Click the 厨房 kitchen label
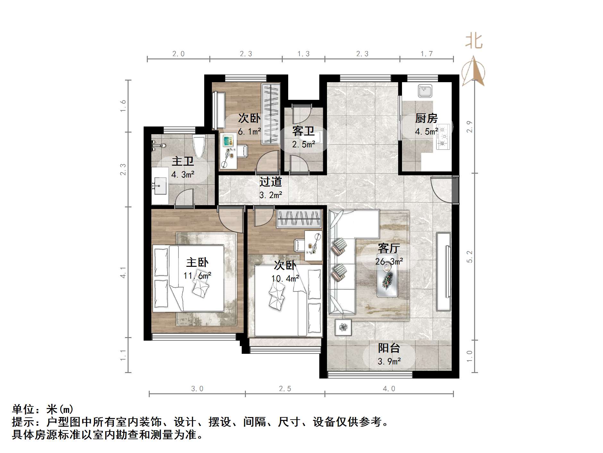[426, 118]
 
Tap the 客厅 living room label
[389, 248]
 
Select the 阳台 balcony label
[389, 348]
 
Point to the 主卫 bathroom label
[183, 161]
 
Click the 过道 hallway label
[270, 182]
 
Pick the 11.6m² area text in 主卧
[197, 275]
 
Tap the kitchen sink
[425, 91]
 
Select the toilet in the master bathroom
[199, 146]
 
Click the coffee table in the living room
[387, 279]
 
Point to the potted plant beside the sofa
[343, 327]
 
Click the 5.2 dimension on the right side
[470, 257]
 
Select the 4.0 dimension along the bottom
[389, 389]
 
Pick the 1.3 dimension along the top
[303, 54]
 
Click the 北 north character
[474, 42]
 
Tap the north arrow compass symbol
[473, 71]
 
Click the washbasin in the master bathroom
[160, 186]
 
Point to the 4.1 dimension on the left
[123, 272]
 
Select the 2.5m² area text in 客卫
[303, 144]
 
